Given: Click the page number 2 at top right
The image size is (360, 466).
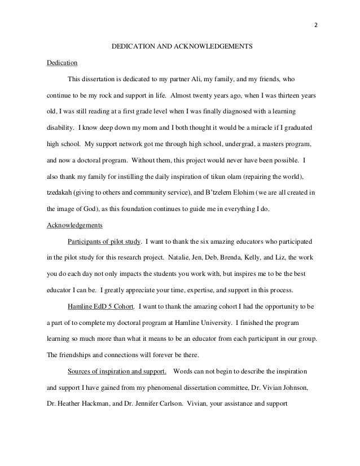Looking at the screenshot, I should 316,25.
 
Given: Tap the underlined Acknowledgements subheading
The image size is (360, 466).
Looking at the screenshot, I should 73,226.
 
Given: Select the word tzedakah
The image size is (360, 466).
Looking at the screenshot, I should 59,193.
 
